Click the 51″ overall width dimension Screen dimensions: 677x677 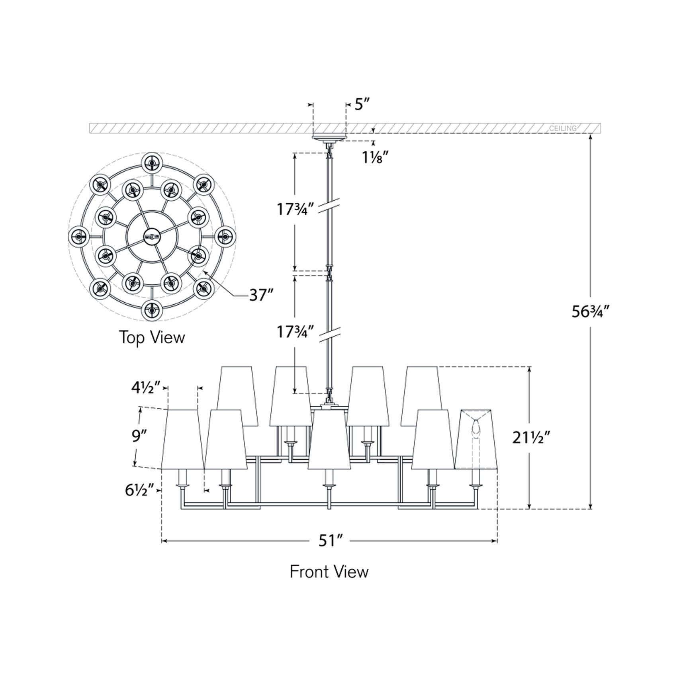330,541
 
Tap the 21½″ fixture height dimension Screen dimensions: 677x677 531,438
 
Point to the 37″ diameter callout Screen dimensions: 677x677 261,295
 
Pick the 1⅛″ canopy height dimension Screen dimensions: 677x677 375,158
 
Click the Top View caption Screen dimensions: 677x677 152,337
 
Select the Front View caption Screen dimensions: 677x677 329,571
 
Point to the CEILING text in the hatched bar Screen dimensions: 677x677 562,128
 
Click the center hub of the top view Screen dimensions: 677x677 152,237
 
